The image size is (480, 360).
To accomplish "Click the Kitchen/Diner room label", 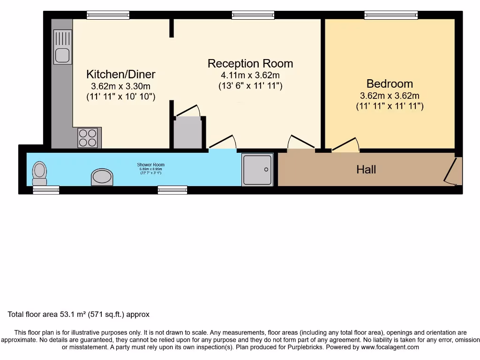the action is click(x=120, y=74).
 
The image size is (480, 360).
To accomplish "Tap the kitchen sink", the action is click(x=62, y=47).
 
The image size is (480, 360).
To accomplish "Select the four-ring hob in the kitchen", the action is click(x=88, y=138).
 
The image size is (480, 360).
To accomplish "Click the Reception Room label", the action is click(x=250, y=64).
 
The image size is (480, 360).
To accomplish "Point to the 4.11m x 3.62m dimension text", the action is click(x=250, y=75).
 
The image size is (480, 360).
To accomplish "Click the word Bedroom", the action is click(x=390, y=84).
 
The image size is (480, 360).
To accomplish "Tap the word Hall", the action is click(x=366, y=169).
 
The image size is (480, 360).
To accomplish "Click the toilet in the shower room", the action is click(x=40, y=173).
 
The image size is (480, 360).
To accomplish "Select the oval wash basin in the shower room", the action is click(x=102, y=177).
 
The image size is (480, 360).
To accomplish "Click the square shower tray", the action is click(x=257, y=169).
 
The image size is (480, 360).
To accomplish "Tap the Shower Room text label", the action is click(x=150, y=165).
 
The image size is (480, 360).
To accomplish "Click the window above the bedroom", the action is click(x=391, y=15).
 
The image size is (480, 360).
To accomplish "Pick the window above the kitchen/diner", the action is click(x=107, y=15).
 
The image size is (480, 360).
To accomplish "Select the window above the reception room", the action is click(x=253, y=15).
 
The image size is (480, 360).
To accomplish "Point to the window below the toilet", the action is click(x=46, y=189).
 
